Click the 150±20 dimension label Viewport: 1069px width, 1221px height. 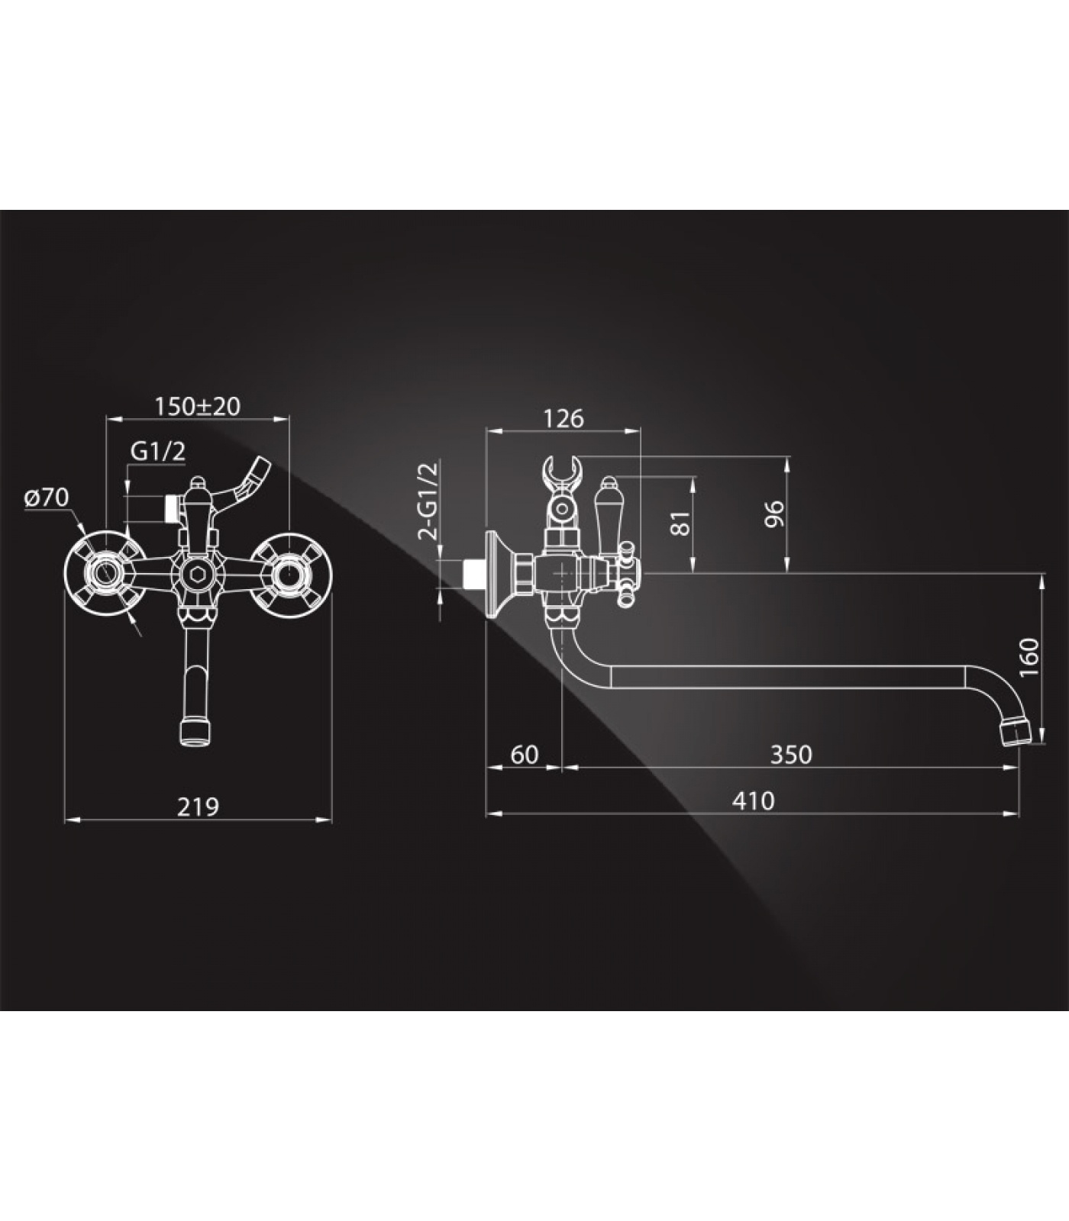point(197,406)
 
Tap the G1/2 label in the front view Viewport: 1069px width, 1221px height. point(158,451)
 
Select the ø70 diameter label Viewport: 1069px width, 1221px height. point(47,498)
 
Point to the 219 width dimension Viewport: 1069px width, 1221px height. point(198,806)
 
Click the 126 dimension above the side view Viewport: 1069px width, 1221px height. point(564,418)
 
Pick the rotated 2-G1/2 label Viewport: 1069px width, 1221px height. point(430,501)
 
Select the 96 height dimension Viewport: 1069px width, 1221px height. point(774,514)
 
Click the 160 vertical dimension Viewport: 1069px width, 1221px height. point(1029,656)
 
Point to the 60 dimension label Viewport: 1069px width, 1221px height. point(524,754)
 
